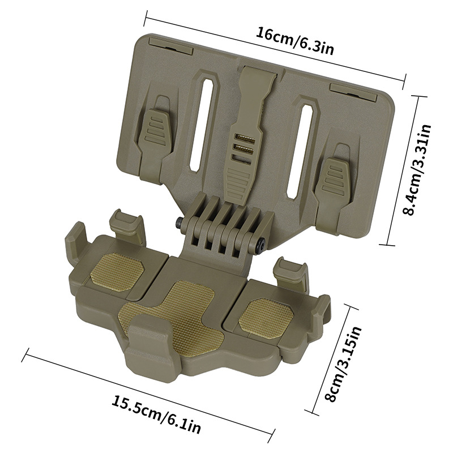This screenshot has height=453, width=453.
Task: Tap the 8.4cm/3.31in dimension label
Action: [417, 170]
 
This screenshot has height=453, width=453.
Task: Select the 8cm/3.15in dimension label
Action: [344, 364]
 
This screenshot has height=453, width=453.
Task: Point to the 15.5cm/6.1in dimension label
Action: [156, 414]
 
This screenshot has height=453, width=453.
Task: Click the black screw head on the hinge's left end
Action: [179, 223]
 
